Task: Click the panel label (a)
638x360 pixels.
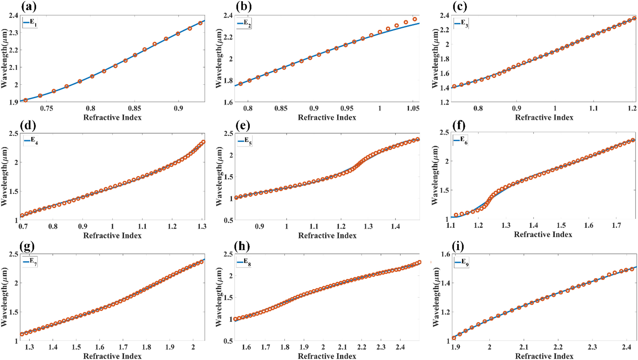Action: pos(28,6)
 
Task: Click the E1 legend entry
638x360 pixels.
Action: pos(30,23)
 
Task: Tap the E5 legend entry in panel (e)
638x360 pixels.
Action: pos(244,141)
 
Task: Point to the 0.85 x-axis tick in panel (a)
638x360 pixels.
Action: pos(135,108)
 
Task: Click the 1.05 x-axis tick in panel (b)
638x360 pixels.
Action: pos(413,108)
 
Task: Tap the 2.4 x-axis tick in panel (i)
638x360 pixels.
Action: pos(626,347)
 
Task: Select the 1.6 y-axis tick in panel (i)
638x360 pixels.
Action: pos(445,254)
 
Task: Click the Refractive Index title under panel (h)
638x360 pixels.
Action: pos(327,356)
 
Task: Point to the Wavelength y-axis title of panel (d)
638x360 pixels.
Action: pos(4,176)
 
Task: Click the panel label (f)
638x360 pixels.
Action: pos(459,125)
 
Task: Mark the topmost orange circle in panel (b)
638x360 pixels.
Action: pos(415,19)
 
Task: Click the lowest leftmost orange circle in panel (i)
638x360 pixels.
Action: pos(454,338)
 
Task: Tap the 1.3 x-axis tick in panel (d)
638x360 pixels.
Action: pos(202,226)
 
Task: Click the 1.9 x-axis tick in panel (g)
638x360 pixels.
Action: pos(170,347)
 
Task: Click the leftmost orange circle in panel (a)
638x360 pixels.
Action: pos(26,100)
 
